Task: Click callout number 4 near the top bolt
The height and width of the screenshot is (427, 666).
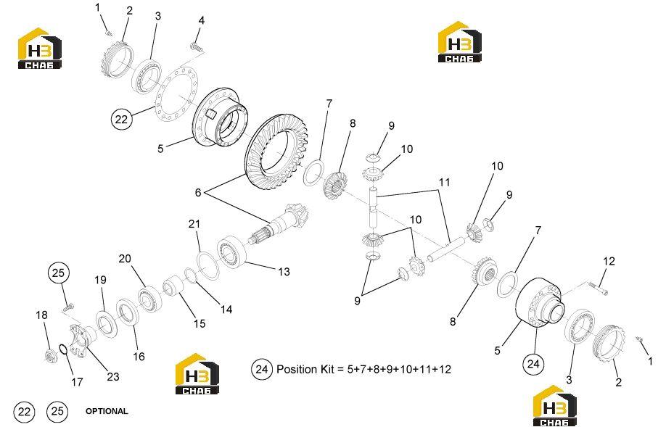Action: point(202,20)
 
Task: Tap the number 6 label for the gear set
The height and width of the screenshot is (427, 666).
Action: point(198,192)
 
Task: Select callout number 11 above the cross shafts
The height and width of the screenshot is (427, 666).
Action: point(444,182)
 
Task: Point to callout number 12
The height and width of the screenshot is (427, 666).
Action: point(609,261)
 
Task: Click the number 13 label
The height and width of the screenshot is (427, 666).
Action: point(284,271)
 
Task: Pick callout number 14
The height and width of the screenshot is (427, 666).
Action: point(226,309)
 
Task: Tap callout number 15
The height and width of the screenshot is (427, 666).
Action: point(200,323)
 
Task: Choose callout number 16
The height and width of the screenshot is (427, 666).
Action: point(139,356)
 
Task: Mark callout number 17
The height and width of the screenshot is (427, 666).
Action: point(77,381)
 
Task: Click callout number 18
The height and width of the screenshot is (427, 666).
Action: point(41,315)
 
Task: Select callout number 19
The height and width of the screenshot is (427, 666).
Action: point(100,280)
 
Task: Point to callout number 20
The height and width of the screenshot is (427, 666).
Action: point(125,259)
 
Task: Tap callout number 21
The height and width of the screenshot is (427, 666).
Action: point(194,224)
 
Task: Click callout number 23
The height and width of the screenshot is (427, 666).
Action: point(113,376)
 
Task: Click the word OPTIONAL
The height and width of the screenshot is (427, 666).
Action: point(107,411)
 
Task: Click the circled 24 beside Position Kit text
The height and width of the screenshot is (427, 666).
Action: point(262,369)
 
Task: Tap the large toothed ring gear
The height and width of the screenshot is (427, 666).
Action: point(276,152)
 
